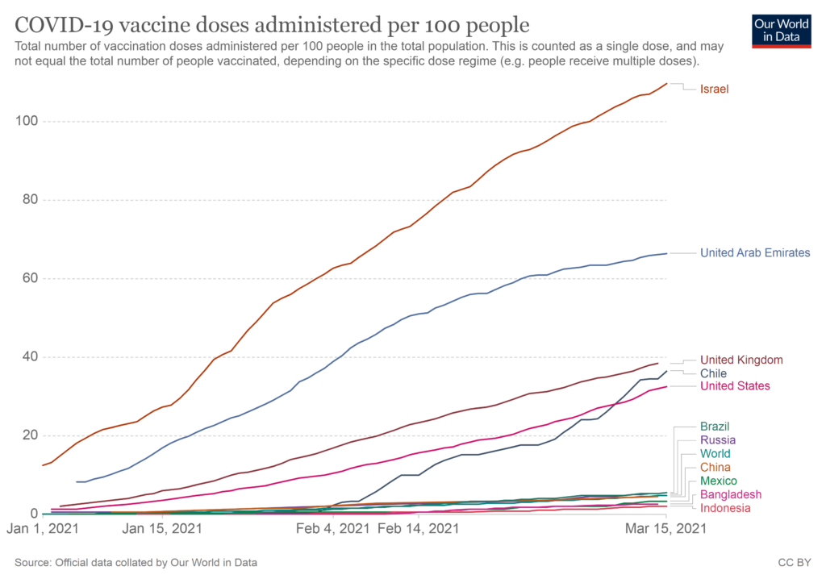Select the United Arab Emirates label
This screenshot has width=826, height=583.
[x=755, y=253]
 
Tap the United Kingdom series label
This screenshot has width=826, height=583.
[x=741, y=360]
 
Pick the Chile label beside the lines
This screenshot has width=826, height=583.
[x=713, y=373]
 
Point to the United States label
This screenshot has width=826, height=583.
[x=735, y=386]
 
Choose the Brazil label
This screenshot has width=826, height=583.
[x=715, y=426]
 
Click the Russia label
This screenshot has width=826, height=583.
[x=717, y=440]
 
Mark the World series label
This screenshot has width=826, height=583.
[x=715, y=454]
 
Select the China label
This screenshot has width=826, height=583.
[x=715, y=468]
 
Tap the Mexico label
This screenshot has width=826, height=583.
[x=718, y=481]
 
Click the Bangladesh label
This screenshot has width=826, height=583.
[x=730, y=494]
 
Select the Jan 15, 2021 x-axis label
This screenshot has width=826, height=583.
[x=162, y=529]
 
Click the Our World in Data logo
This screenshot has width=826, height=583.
[x=781, y=30]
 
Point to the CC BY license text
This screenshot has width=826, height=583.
[x=795, y=562]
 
